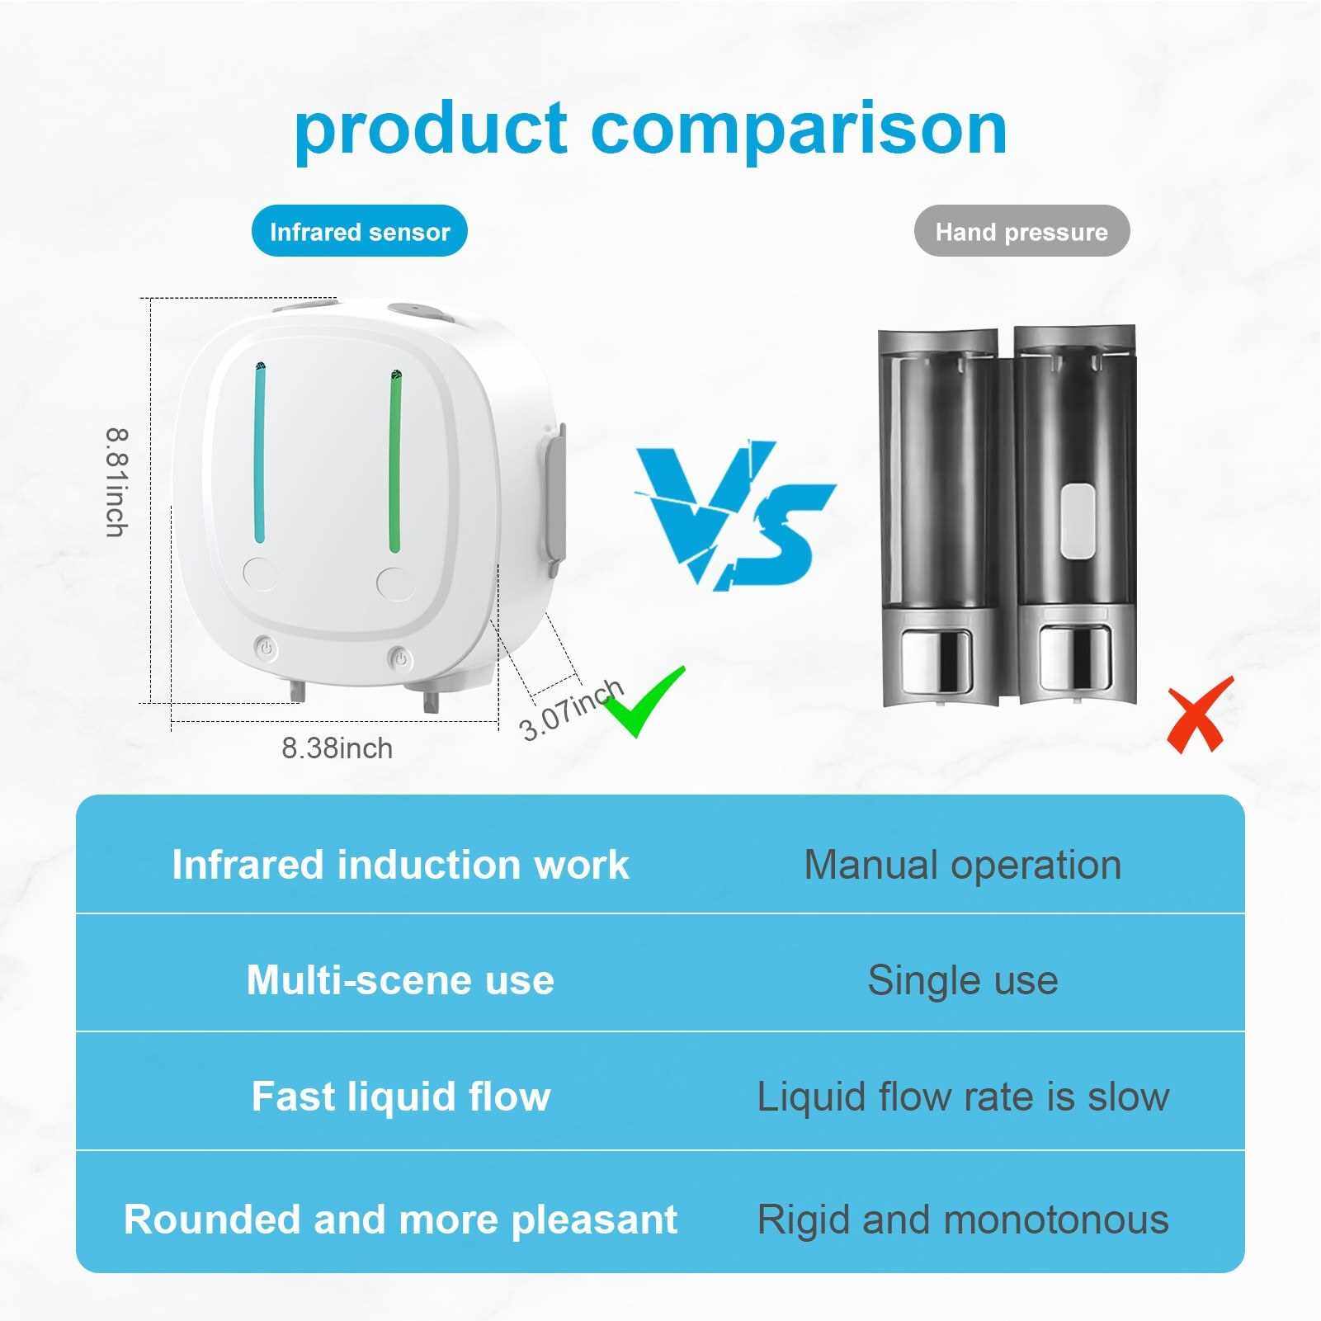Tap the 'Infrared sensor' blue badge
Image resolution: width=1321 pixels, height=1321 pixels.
click(x=360, y=231)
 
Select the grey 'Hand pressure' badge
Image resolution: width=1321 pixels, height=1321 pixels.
click(x=1021, y=231)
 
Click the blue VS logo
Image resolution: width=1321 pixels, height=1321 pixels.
click(x=734, y=516)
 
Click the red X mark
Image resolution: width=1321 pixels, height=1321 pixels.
click(x=1200, y=714)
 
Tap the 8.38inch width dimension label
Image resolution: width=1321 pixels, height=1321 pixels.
click(x=337, y=748)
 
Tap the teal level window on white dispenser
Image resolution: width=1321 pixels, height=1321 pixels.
click(x=260, y=454)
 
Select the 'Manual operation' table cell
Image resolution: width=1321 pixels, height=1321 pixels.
click(x=962, y=865)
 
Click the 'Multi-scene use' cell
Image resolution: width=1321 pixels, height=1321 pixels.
click(x=400, y=979)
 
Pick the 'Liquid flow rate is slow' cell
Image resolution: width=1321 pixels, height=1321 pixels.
click(x=963, y=1097)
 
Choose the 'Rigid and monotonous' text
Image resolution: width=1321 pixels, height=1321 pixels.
click(x=963, y=1219)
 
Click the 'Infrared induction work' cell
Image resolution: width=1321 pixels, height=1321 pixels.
click(x=400, y=864)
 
